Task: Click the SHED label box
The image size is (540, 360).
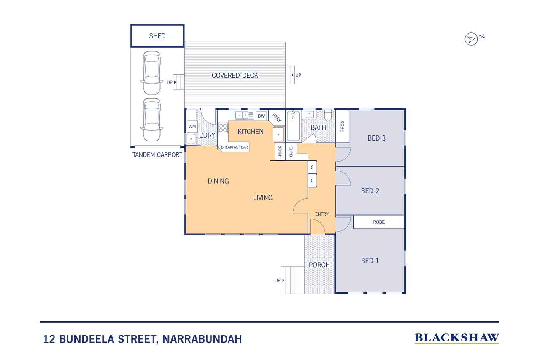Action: point(157,36)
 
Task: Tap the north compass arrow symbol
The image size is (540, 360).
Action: point(471,39)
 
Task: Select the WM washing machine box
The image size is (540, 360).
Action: point(192,126)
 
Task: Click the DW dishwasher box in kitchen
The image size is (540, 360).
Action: point(261,116)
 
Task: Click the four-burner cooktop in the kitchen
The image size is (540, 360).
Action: point(223,128)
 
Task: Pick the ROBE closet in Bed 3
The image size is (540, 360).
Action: point(342,126)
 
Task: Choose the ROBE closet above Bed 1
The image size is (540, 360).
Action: point(378,222)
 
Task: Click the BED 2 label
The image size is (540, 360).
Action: point(370,191)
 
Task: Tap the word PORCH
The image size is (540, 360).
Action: point(319,265)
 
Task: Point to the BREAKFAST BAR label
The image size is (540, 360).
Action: point(235,147)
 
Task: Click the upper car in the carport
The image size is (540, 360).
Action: point(151,73)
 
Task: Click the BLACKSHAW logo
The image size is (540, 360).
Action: point(456,338)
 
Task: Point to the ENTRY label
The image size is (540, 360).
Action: point(321,214)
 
